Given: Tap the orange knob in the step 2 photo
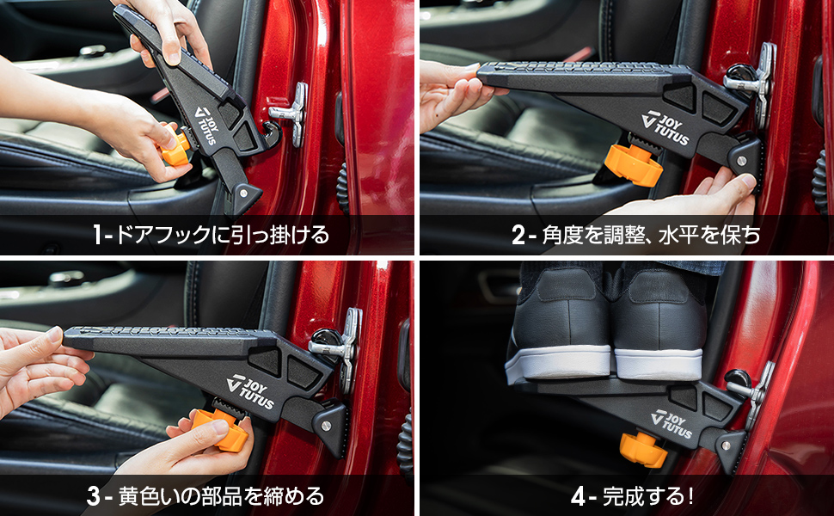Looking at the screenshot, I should coord(634,163).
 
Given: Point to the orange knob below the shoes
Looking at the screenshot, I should coord(643,449).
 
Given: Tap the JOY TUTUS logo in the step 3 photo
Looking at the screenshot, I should coord(250,390).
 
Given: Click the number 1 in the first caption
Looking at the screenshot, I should coord(98,235).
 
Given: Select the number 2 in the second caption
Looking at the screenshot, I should coord(518,235).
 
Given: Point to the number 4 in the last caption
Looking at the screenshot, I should coord(578,496).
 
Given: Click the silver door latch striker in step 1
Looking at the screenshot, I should coord(291,112).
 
